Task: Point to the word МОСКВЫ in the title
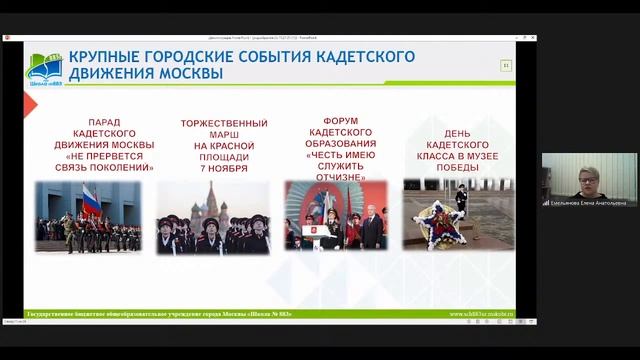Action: [x=187, y=74]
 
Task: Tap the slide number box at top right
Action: [x=505, y=65]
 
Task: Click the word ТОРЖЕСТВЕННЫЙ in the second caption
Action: [x=218, y=124]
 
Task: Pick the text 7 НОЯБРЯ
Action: [x=218, y=168]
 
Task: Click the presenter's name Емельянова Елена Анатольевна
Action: [x=591, y=202]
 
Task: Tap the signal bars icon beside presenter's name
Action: [x=547, y=202]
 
